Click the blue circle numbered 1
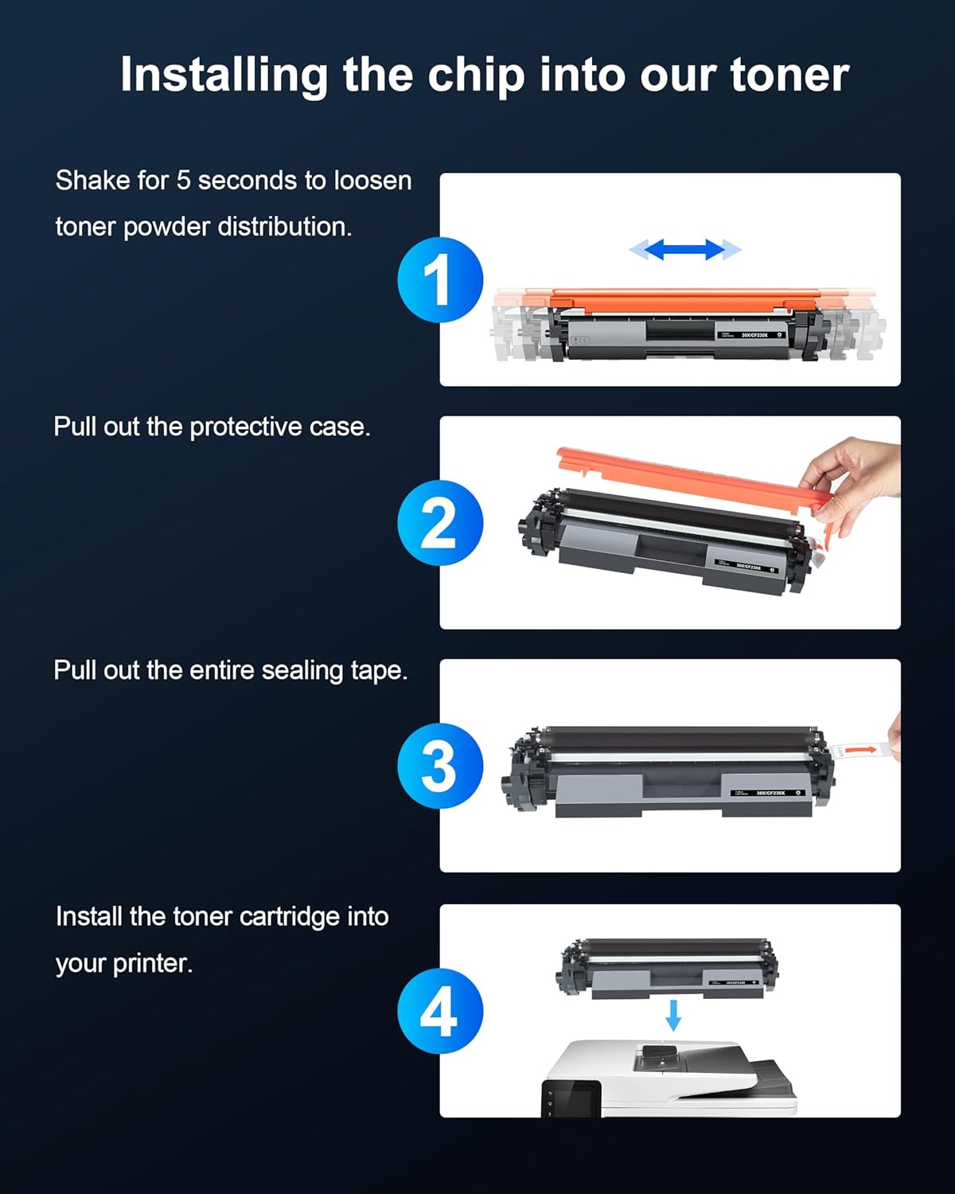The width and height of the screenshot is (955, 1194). tap(440, 280)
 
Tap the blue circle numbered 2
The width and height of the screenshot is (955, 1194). tap(440, 523)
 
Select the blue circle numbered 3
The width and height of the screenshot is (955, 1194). tap(440, 766)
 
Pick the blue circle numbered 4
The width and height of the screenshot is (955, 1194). tap(440, 1011)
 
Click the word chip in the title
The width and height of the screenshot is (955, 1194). tap(476, 76)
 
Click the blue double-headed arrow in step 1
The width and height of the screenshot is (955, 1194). tap(685, 250)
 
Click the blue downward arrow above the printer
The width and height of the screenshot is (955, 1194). tap(673, 1015)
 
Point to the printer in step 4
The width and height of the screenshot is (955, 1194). tap(668, 1079)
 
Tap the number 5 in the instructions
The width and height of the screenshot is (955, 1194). tap(183, 181)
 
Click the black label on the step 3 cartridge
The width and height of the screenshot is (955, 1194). tap(767, 792)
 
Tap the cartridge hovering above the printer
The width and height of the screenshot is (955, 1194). tap(668, 967)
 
